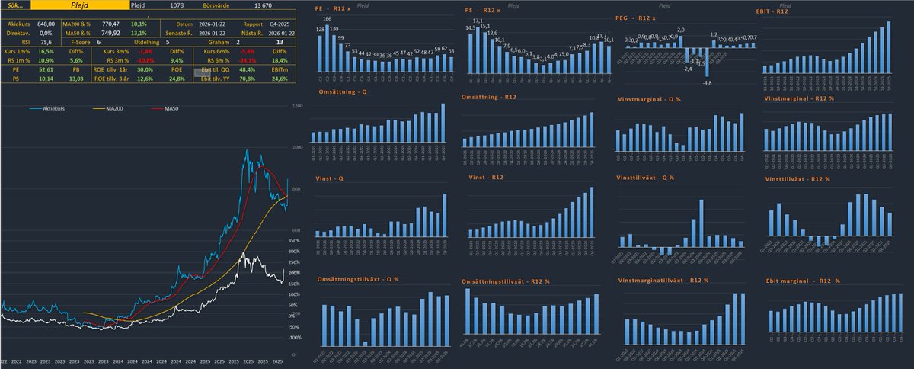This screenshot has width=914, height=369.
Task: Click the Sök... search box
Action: pos(15,5)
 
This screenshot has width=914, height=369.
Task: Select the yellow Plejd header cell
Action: pos(80,5)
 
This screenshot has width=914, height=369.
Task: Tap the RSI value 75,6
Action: pos(45,43)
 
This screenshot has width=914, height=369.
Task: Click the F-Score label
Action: pos(80,43)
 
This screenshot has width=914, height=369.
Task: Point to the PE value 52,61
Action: pos(45,69)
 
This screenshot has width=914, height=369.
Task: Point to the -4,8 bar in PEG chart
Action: pos(708,65)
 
